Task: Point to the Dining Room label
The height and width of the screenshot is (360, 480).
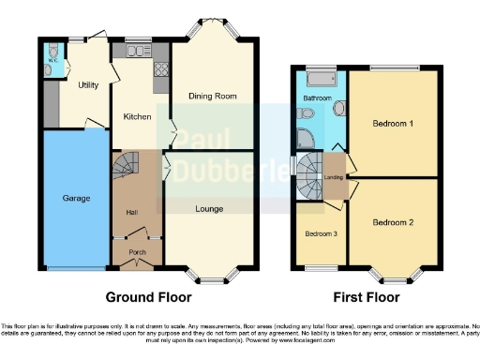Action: [211, 96]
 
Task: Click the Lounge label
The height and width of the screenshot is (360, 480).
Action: [210, 209]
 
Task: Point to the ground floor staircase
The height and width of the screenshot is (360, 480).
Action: [124, 169]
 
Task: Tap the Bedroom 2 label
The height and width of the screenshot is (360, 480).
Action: [393, 222]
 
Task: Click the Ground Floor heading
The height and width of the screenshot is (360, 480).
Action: [148, 297]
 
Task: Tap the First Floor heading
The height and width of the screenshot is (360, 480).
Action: [364, 297]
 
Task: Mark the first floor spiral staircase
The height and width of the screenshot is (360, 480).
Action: [309, 176]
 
